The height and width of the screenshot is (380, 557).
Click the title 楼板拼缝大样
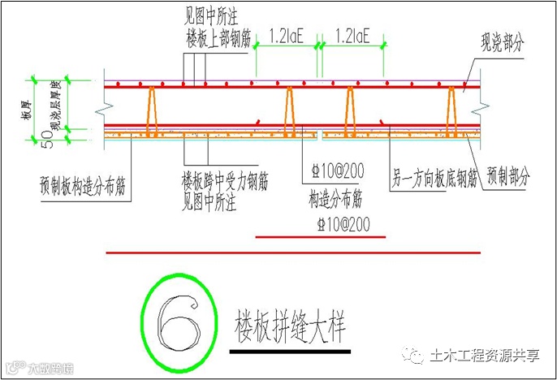click(289, 325)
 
